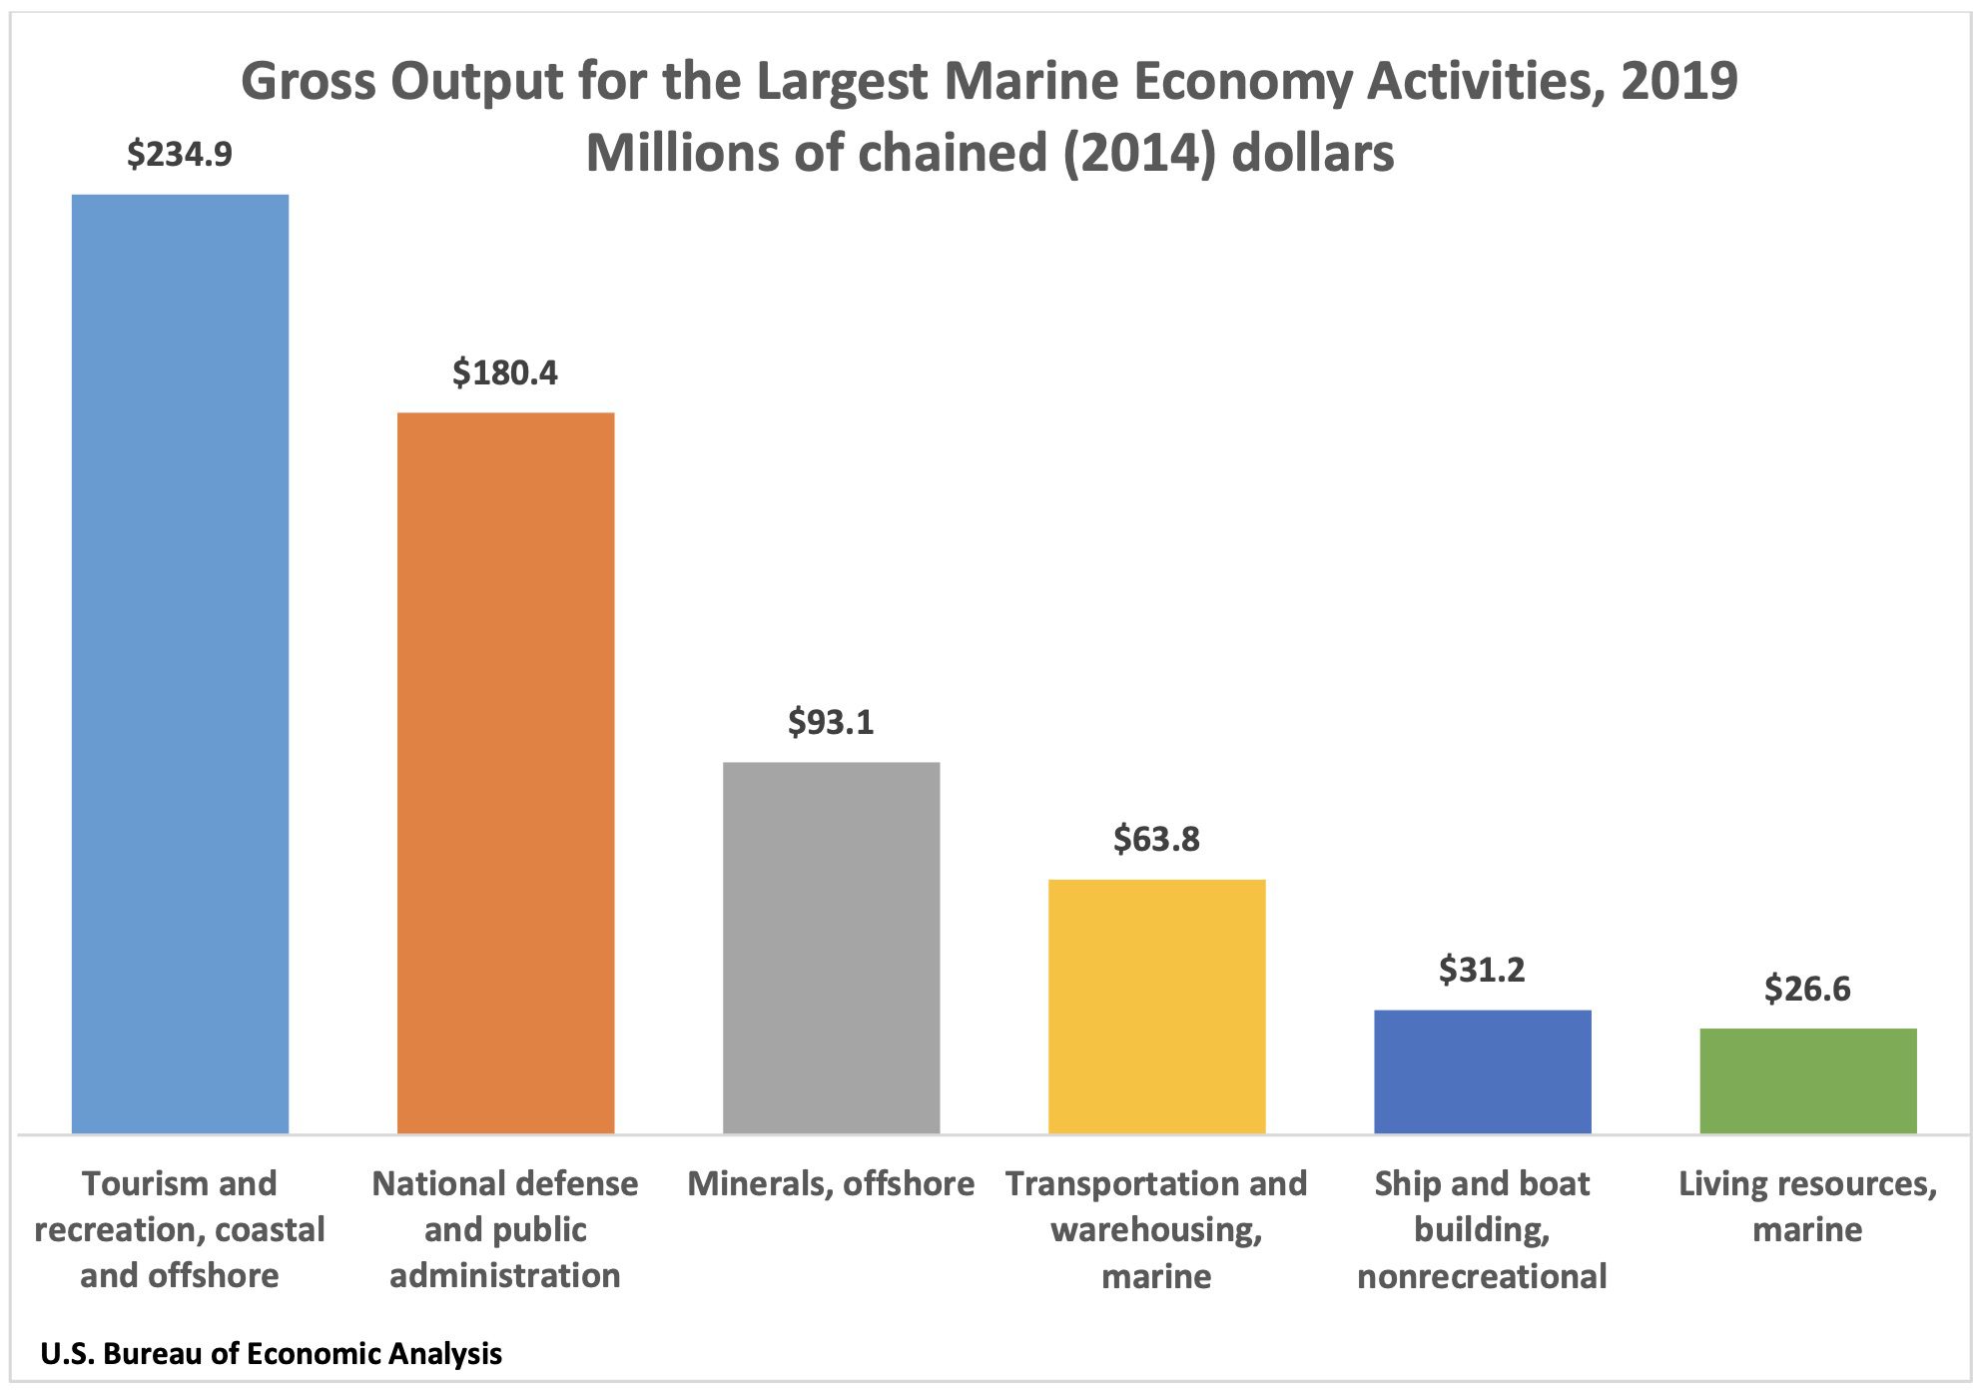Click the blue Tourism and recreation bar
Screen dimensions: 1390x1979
tap(180, 664)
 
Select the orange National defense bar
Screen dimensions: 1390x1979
tap(505, 773)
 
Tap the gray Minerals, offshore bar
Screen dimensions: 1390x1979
tap(831, 948)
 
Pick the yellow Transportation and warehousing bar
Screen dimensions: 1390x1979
tap(1156, 1006)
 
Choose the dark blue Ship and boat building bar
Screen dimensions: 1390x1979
tap(1482, 1071)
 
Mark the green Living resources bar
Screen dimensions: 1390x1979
tap(1807, 1080)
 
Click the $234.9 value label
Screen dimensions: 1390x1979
tap(180, 155)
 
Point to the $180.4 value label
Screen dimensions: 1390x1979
tap(505, 373)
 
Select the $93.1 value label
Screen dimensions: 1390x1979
tap(831, 722)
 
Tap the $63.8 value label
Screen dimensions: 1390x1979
tap(1156, 840)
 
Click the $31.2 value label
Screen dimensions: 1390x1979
tap(1482, 971)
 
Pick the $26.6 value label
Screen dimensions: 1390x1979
tap(1807, 990)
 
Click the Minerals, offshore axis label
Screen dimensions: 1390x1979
tap(831, 1184)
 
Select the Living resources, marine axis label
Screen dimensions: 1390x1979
tap(1807, 1206)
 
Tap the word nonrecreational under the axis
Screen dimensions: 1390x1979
tap(1482, 1276)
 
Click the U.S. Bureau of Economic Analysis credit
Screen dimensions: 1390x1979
tap(272, 1354)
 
